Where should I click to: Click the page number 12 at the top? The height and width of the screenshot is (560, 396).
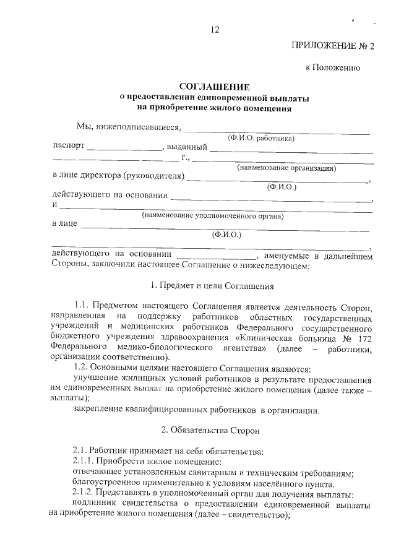(215, 29)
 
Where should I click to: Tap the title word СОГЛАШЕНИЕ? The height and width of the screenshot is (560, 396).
(214, 87)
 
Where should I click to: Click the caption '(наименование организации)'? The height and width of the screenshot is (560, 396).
(286, 168)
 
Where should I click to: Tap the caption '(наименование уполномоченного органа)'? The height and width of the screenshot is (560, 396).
(212, 216)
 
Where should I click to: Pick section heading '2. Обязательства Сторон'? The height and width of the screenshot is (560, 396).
(212, 429)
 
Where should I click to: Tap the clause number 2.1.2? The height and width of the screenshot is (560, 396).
(85, 494)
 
